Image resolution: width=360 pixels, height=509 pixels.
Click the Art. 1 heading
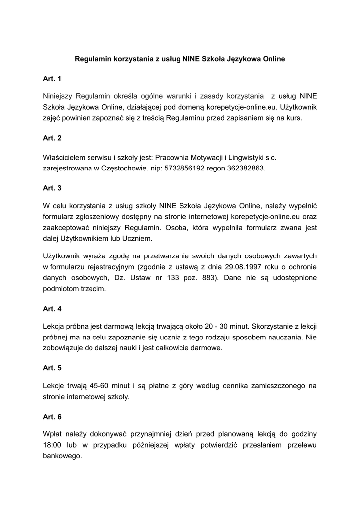tap(52, 79)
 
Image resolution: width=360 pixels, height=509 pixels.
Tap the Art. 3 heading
tap(52, 188)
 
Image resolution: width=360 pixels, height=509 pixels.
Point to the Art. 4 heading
tap(52, 309)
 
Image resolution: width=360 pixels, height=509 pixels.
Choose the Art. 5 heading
tap(52, 368)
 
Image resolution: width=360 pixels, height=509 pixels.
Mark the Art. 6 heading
tap(52, 417)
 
